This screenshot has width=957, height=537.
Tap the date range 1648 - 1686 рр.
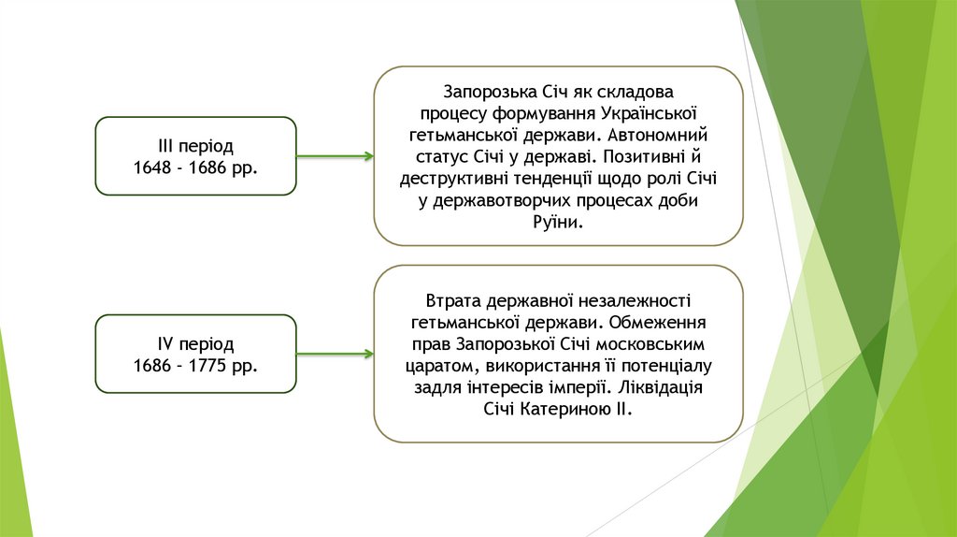195,167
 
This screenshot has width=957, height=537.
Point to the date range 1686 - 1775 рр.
195,365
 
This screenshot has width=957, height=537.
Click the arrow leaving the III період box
336,156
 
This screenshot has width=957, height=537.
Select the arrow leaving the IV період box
336,354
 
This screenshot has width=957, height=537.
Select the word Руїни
559,222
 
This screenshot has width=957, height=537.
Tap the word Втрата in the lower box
453,301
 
